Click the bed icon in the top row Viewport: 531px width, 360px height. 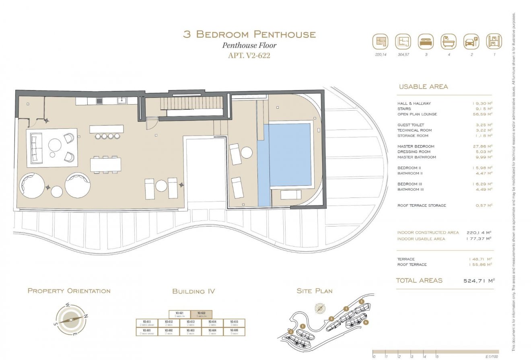(426, 41)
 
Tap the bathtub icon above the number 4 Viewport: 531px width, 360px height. (449, 41)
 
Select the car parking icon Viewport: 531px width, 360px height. (471, 41)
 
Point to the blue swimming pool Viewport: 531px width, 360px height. (289, 155)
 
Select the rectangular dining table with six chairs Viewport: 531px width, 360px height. (105, 165)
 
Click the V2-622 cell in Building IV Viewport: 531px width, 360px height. (201, 314)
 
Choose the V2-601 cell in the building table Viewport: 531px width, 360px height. (147, 331)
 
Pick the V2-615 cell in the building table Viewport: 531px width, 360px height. (234, 323)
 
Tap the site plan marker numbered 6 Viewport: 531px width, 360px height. (365, 322)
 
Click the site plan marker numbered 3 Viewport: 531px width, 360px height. (331, 319)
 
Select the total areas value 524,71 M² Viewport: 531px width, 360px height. (479, 281)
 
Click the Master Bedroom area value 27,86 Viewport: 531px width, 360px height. (482, 146)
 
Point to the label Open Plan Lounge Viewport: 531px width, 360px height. (417, 114)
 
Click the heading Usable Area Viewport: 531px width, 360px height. (423, 86)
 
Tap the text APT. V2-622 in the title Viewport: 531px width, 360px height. (249, 56)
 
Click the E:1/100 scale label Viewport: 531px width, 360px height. (492, 356)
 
